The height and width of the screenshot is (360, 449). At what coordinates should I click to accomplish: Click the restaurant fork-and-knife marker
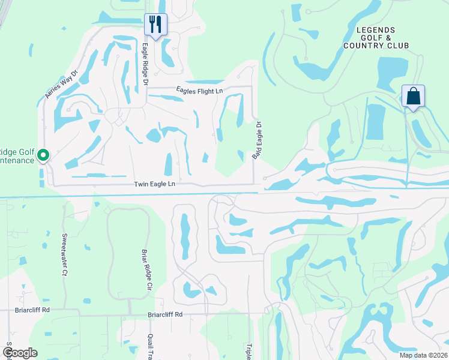(155, 25)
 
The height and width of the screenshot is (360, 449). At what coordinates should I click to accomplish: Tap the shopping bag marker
(413, 96)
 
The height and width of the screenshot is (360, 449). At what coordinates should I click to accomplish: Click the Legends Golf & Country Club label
(376, 38)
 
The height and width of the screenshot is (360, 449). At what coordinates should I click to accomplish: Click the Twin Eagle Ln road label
(155, 183)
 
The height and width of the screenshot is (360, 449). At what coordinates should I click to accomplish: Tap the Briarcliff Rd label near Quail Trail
(165, 314)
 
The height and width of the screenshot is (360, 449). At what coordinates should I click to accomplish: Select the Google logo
(20, 353)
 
